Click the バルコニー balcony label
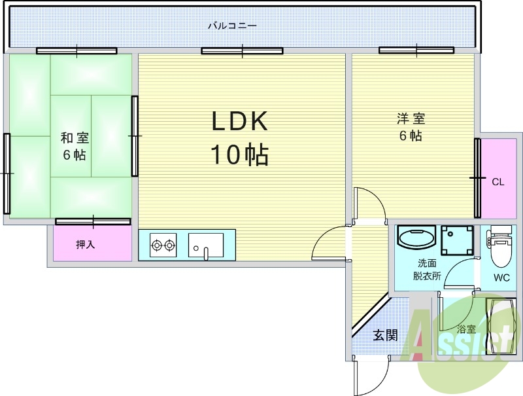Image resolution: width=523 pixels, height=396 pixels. click(x=232, y=26)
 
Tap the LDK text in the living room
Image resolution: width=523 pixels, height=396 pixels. click(x=239, y=122)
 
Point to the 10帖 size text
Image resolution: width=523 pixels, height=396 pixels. click(x=239, y=154)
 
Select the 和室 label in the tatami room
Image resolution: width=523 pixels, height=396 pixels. click(x=75, y=138)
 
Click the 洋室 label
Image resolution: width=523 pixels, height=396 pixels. click(x=411, y=119)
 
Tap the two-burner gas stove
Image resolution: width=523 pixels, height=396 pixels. click(x=163, y=245)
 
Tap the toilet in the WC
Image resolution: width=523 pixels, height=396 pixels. click(x=499, y=242)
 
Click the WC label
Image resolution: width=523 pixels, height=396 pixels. click(x=501, y=278)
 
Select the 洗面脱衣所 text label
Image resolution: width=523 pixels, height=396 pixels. click(x=426, y=270)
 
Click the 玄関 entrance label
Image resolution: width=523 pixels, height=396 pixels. click(x=385, y=336)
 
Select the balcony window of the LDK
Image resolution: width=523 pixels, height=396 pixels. click(x=242, y=50)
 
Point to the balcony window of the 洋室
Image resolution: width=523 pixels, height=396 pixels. click(x=416, y=50)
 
